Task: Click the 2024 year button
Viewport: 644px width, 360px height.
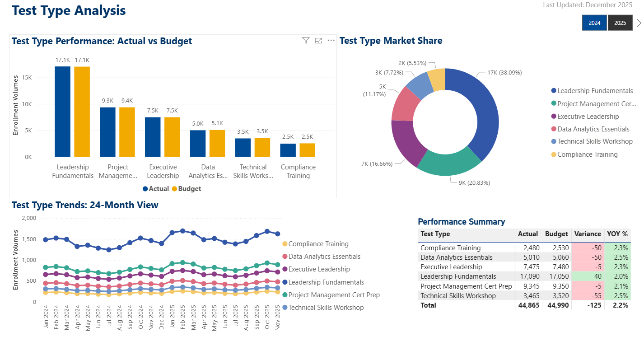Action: pyautogui.click(x=594, y=23)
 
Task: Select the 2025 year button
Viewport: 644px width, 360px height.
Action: pyautogui.click(x=620, y=23)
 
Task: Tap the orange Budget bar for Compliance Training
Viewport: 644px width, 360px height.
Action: pyautogui.click(x=308, y=150)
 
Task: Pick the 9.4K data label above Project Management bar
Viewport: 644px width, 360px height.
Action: pyautogui.click(x=127, y=101)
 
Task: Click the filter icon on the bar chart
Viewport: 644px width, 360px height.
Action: pyautogui.click(x=306, y=41)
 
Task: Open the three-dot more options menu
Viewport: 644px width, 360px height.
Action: pyautogui.click(x=331, y=41)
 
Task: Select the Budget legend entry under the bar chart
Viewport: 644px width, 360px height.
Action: pyautogui.click(x=187, y=189)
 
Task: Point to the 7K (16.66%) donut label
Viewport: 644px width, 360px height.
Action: pyautogui.click(x=377, y=164)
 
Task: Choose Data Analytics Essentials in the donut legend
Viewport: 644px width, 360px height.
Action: pyautogui.click(x=593, y=129)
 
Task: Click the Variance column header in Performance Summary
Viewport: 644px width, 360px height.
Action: pyautogui.click(x=587, y=234)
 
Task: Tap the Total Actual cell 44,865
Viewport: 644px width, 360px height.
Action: pyautogui.click(x=528, y=305)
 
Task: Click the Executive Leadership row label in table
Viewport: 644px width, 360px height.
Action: pyautogui.click(x=451, y=267)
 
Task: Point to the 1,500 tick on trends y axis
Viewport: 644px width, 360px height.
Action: pyautogui.click(x=29, y=239)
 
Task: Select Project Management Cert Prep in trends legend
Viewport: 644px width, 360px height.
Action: pyautogui.click(x=334, y=295)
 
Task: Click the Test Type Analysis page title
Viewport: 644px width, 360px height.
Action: pyautogui.click(x=69, y=10)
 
